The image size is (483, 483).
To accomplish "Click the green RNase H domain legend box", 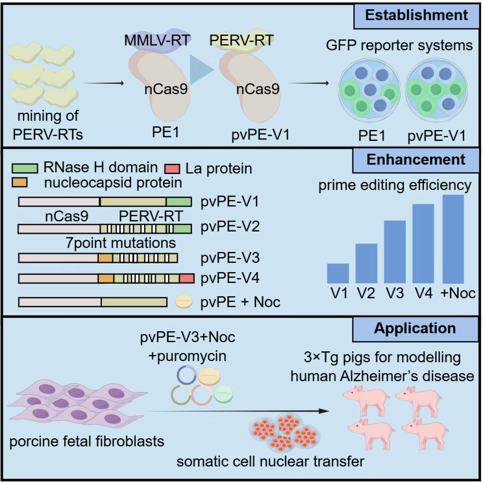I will pyautogui.click(x=24, y=168).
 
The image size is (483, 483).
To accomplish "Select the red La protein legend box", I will pyautogui.click(x=171, y=168).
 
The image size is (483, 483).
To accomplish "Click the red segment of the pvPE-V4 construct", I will pyautogui.click(x=187, y=278).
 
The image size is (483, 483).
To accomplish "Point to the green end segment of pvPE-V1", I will pyautogui.click(x=178, y=201).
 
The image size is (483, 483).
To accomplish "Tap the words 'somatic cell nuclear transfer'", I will pyautogui.click(x=271, y=461).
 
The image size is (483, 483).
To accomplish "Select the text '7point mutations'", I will pyautogui.click(x=121, y=242).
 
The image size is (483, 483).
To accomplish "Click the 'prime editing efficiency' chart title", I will pyautogui.click(x=395, y=185).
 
